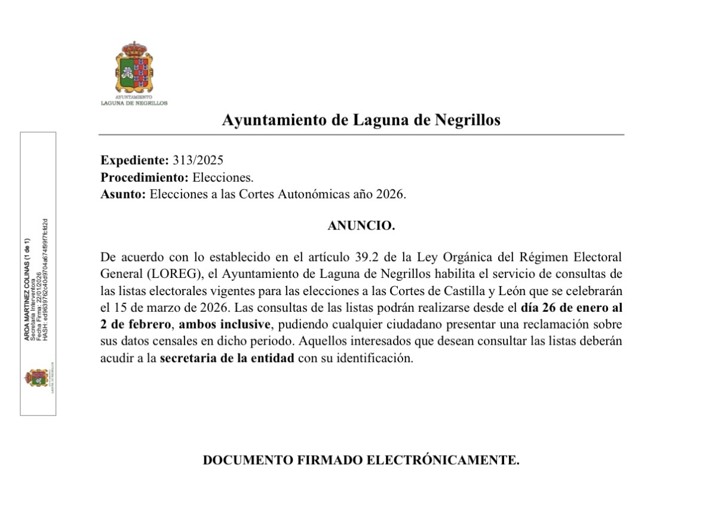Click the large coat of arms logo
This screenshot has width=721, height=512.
pos(134,67)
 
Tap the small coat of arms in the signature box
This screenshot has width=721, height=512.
pos(36,378)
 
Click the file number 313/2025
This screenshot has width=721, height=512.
pos(198,160)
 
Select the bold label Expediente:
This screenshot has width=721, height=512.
pos(135,160)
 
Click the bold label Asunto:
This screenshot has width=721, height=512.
pos(123,195)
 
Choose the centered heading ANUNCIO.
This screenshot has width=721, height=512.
pos(361,226)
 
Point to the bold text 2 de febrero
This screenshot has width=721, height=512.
pos(135,324)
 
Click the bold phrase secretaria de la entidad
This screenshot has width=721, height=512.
pos(227,359)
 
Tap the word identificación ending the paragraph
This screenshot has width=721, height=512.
pos(374,359)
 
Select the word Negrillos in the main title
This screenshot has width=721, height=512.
pos(466,120)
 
